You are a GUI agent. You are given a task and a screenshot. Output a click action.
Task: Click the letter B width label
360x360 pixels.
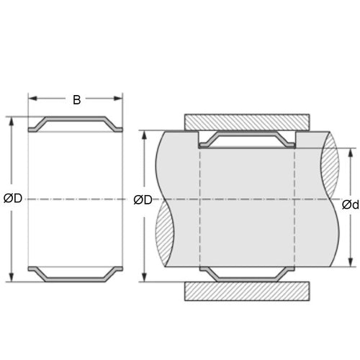click(76, 100)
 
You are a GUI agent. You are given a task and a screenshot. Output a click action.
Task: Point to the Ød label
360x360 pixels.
click(350, 205)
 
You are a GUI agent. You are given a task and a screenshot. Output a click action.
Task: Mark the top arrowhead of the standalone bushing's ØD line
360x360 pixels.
click(12, 120)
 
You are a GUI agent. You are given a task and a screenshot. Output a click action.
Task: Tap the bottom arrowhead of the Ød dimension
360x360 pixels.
click(351, 264)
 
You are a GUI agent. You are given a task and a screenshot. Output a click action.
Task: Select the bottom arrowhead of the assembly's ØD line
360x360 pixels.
click(146, 278)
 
